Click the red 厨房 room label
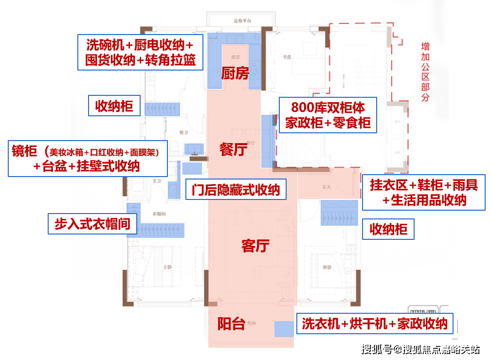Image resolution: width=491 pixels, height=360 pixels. tap(235, 73)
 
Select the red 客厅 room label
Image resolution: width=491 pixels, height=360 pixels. tap(255, 246)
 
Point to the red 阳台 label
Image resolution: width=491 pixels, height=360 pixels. tap(231, 324)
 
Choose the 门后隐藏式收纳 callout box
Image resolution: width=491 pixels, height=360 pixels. tap(236, 189)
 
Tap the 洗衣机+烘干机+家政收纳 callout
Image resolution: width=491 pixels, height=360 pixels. tap(375, 324)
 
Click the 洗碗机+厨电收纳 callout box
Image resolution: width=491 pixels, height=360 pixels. tap(141, 53)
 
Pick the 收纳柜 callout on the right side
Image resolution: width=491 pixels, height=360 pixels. tap(388, 229)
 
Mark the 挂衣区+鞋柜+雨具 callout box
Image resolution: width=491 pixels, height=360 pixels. tap(424, 192)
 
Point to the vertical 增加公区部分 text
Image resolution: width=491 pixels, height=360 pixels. tap(425, 72)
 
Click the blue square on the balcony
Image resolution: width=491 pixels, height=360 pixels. tap(284, 329)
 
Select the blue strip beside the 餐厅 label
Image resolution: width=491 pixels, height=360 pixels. tap(267, 141)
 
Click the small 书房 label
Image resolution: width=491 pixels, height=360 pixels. tap(287, 57)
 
